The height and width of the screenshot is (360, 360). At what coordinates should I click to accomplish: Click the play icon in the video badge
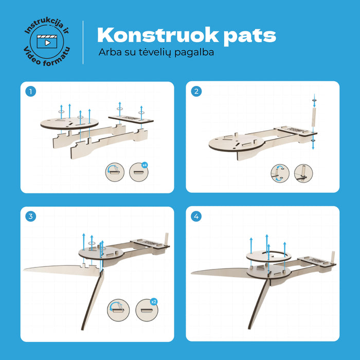point(47,43)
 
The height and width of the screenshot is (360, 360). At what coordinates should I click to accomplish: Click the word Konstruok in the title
point(158,35)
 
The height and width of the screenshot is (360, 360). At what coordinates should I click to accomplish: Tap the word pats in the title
point(250,37)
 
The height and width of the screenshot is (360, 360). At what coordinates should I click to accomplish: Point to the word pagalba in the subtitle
point(194,52)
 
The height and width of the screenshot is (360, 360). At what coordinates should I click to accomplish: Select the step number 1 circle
point(30,92)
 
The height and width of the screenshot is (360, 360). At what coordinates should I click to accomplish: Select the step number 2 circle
point(196,91)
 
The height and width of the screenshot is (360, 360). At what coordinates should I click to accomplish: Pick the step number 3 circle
point(30,217)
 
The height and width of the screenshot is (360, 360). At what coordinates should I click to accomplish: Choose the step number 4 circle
point(196,217)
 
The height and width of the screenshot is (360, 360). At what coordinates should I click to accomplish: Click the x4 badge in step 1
point(145,165)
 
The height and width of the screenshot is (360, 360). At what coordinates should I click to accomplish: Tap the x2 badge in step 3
point(154,301)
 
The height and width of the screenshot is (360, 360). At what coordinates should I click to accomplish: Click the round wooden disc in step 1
point(69,123)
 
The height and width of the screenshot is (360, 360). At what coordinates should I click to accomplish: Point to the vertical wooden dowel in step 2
point(314,117)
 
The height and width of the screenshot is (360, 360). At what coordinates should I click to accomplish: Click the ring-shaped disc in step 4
point(268,256)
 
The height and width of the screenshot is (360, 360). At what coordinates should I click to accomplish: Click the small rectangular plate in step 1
point(131,119)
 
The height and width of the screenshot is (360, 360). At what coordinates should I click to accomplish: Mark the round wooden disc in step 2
point(237,143)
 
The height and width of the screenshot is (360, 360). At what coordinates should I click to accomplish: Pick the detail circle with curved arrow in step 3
point(118,310)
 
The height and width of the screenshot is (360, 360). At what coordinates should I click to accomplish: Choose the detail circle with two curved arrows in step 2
point(280,173)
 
